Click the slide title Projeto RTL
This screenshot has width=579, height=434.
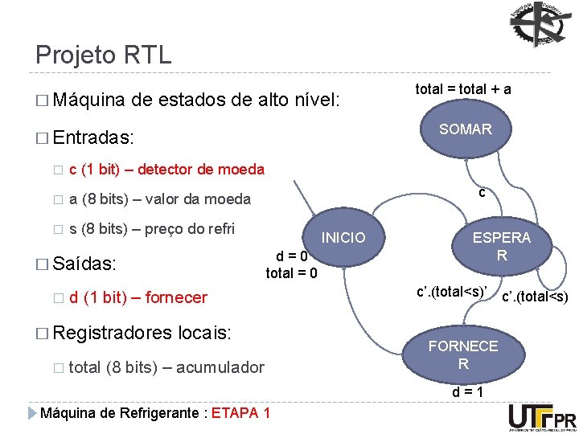point(103,55)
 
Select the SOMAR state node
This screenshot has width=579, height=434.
point(466,129)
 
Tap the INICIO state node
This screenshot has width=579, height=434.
point(343,237)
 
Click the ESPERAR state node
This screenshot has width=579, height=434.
point(501,247)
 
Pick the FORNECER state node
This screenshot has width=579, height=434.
point(463,354)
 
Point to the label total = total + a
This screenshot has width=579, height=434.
point(463,89)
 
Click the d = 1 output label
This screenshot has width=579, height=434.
point(466,393)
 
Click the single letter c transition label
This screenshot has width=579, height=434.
point(481,193)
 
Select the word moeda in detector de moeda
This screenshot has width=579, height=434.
point(241,169)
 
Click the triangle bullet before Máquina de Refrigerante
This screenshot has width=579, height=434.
point(32,413)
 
